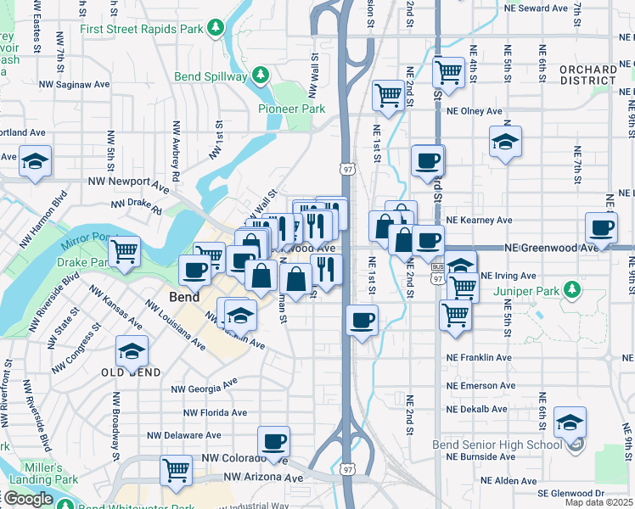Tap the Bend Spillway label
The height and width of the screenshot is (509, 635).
click(211, 76)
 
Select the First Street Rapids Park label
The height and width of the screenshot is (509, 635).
click(143, 28)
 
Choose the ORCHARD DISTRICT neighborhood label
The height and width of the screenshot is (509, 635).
click(587, 75)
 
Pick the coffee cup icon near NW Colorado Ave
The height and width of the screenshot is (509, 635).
click(273, 441)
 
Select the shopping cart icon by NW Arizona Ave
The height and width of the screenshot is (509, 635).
click(176, 469)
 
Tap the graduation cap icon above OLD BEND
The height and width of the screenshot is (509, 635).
click(132, 350)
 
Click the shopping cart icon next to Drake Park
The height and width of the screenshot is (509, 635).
click(124, 250)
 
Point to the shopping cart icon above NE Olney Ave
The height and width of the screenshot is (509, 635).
click(388, 93)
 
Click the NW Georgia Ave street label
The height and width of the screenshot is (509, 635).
click(204, 388)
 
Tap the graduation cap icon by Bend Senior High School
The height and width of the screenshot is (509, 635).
click(570, 422)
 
